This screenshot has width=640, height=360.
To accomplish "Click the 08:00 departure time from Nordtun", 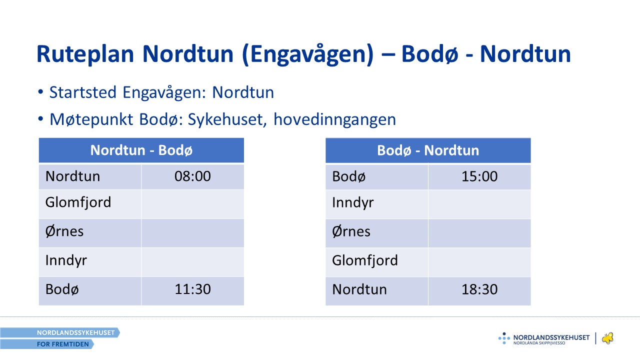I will point(193,176).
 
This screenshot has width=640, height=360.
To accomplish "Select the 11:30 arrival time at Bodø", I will point(193,289).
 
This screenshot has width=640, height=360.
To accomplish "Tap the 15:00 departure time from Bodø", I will point(479,176).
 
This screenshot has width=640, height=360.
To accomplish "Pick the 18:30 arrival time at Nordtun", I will point(479,289).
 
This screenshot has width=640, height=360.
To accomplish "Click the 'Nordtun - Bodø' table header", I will point(141,150).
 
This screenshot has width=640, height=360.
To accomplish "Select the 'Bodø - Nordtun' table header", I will point(428,150).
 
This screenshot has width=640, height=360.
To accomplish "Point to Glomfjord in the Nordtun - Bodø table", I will point(78,202).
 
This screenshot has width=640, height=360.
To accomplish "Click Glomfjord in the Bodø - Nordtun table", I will point(365,260).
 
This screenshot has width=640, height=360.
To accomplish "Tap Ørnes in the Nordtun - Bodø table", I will point(64,231).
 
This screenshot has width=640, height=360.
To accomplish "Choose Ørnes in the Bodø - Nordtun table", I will point(351,231).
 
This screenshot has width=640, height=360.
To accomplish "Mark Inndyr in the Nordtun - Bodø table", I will point(66,260).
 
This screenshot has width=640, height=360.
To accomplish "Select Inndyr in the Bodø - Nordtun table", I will point(353,203).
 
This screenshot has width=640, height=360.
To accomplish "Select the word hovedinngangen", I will point(334,119).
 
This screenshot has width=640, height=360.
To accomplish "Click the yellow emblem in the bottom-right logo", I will point(607,338).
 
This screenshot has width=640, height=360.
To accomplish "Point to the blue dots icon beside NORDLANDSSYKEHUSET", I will point(504,338).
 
